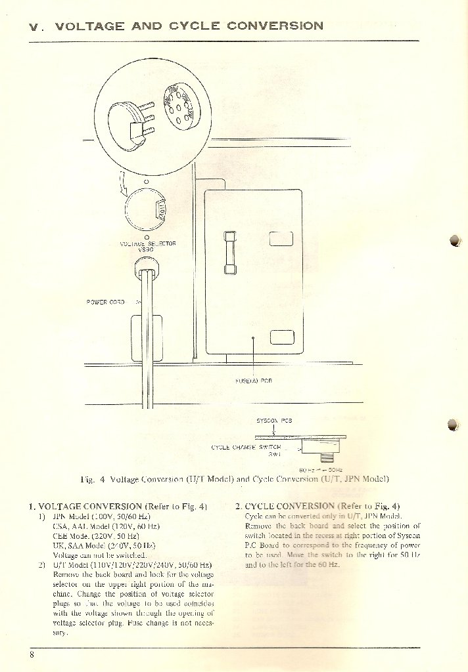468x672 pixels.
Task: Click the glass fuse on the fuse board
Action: (229, 252)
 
